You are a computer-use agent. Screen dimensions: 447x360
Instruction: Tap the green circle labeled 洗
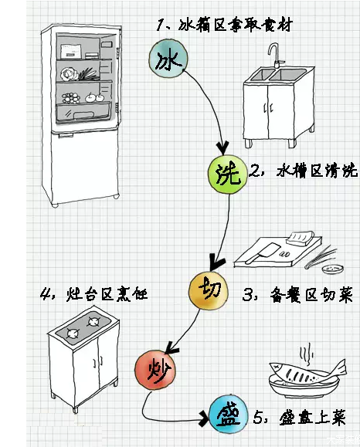pos(225,176)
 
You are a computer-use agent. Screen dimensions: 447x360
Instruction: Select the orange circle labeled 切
pos(208,290)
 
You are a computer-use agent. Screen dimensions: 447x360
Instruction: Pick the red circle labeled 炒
pos(154,368)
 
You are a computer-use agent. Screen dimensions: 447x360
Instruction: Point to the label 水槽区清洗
pos(297,171)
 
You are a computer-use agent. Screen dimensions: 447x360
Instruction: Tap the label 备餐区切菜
pos(294,294)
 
